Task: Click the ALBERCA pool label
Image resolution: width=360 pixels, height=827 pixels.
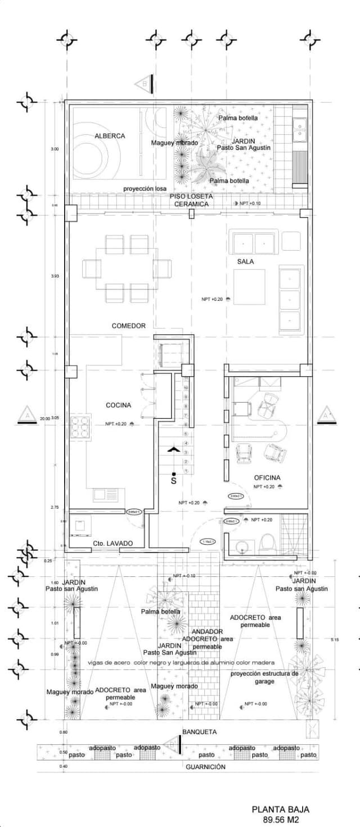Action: (110, 135)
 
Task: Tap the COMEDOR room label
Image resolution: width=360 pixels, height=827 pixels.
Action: (128, 326)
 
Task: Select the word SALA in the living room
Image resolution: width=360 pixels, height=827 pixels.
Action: (245, 261)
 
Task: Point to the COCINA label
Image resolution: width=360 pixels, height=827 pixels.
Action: (118, 405)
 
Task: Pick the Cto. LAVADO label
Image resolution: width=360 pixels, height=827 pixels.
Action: (112, 543)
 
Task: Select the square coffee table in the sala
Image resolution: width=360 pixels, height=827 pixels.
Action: (250, 287)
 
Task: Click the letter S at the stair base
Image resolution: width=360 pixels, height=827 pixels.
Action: (173, 481)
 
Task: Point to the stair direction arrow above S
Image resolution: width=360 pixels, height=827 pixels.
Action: (173, 449)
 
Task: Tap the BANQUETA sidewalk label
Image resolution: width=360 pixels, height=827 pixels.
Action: (199, 732)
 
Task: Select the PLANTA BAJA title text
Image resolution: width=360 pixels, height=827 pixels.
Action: (280, 810)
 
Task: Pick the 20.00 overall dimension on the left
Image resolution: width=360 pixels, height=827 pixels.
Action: (46, 418)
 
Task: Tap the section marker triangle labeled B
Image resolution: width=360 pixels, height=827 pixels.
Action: (144, 84)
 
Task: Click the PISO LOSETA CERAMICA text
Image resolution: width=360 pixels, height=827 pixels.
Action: (191, 200)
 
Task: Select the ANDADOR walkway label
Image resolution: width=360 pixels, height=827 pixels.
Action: (207, 631)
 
